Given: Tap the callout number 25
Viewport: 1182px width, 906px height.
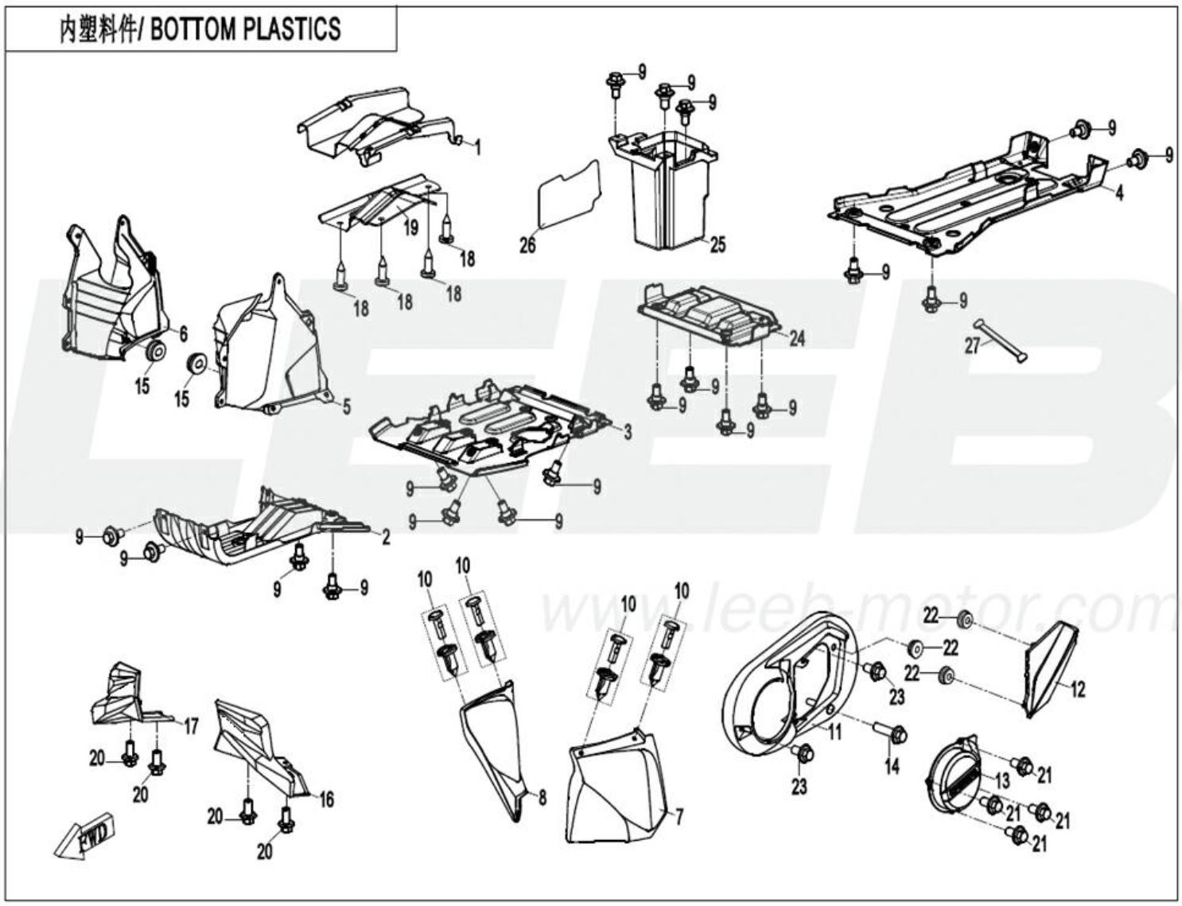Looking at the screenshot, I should (717, 244).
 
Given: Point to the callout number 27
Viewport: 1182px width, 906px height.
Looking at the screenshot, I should (972, 347).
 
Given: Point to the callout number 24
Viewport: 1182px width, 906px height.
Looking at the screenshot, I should (797, 339).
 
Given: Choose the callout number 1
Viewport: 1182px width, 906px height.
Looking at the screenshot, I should (477, 147).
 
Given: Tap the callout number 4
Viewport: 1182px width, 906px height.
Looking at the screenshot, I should (1118, 192).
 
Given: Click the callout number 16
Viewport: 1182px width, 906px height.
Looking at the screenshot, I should (326, 798).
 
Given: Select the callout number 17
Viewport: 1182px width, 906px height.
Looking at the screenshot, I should (191, 725).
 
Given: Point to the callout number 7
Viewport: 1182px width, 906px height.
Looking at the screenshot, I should (679, 815).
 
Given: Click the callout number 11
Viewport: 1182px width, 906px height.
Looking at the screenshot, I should (834, 732).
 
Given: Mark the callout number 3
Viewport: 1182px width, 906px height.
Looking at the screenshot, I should (628, 432).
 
